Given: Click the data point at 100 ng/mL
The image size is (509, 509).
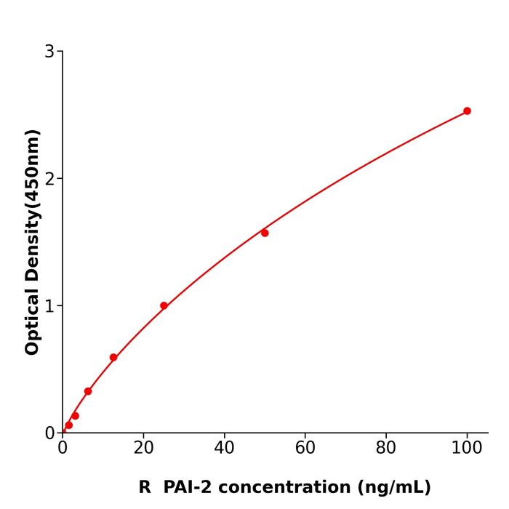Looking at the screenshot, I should coord(467,111).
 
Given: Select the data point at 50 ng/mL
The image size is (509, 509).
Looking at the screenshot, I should coord(265,233).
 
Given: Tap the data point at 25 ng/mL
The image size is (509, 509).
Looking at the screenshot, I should coord(164,305).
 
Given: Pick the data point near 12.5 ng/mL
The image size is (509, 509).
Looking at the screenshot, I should coord(113,357).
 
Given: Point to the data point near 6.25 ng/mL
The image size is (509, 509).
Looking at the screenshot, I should coord(88,391).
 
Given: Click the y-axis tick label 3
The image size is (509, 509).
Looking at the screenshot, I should coord(49,52).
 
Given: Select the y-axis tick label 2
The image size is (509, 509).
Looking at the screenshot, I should coord(49,179).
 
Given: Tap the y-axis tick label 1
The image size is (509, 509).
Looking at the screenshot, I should coord(49,306).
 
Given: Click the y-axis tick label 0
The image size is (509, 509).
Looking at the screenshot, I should coord(49,433).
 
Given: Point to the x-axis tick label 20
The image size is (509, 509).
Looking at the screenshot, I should coord(143,449).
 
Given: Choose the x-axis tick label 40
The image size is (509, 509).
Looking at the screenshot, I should coord(224,449).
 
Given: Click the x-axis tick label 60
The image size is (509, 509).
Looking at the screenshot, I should coord(305,449).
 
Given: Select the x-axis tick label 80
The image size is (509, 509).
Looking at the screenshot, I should coord(386,449).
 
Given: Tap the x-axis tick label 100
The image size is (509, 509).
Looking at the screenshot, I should coord(467,449).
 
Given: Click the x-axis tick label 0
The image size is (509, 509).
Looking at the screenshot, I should coord(63,449).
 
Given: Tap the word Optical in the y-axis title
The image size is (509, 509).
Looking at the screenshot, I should coord(33,320).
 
